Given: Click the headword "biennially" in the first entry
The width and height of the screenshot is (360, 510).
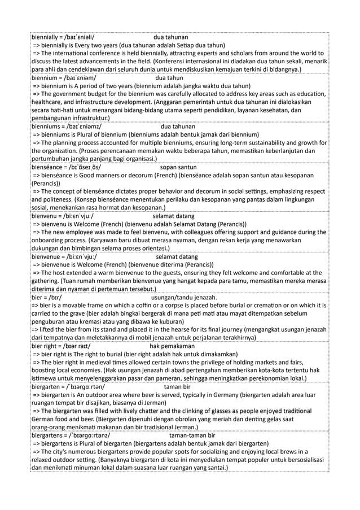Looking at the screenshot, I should click(x=46, y=37).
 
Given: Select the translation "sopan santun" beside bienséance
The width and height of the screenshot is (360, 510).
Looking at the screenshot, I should click(x=178, y=167).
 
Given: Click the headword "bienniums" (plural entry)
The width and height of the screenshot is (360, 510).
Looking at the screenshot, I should click(x=47, y=127).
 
